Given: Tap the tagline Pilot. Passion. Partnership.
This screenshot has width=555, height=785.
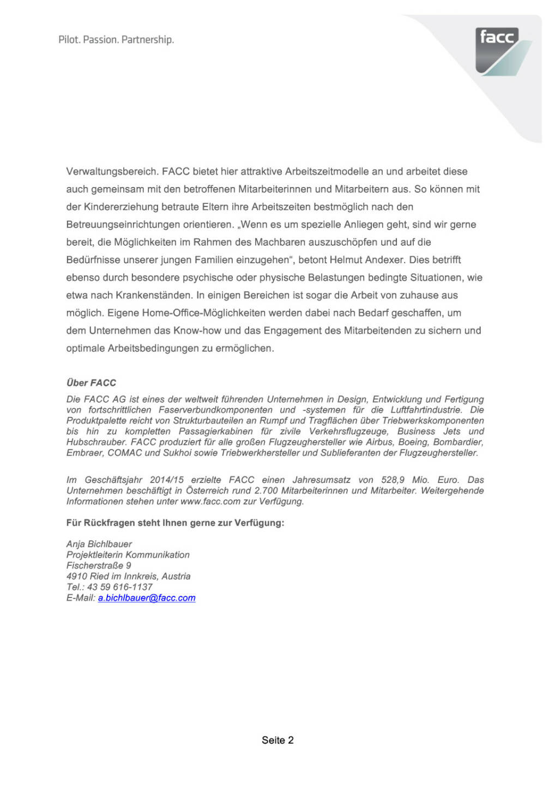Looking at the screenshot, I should point(116,40).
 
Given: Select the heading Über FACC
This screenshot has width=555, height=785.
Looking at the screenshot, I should point(91,383).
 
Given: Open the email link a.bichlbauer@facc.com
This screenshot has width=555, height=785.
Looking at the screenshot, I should point(147,598).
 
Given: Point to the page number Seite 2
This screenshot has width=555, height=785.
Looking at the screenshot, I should point(277,740).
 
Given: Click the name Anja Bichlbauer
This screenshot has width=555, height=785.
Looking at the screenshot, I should point(99,544).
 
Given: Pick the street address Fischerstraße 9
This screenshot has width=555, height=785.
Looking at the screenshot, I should point(99,565).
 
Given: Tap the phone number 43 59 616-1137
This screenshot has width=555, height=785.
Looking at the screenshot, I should point(120,587).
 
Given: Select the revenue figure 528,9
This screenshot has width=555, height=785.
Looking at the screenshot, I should point(393,480).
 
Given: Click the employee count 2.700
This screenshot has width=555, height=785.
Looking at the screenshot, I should point(267,491).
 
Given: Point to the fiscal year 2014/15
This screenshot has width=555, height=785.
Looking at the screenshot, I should point(167,480).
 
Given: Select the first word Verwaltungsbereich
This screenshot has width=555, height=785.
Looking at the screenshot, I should point(112,172).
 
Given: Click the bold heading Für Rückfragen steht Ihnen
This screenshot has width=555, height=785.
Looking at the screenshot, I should point(175,523).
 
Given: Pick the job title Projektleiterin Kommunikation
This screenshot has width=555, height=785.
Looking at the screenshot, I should point(128,555).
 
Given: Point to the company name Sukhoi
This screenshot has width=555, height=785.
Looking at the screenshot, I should point(176,453).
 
